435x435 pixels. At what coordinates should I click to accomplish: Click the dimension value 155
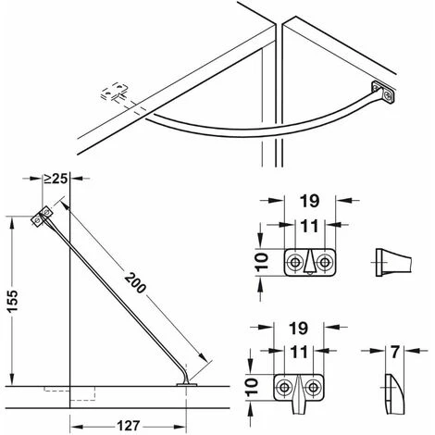click(14, 302)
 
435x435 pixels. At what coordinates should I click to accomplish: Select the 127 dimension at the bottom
click(129, 426)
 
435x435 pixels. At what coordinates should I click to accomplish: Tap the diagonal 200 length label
click(135, 282)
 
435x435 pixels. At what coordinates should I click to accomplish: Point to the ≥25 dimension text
click(56, 179)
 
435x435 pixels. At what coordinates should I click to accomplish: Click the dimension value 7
click(395, 352)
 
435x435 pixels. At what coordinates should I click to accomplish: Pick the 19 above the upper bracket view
click(309, 202)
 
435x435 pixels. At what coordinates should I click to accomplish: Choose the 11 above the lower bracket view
click(299, 353)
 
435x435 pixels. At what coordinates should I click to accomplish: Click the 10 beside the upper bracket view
click(262, 262)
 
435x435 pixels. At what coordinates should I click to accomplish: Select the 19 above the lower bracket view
click(299, 328)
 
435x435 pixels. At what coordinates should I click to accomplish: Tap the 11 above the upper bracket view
click(309, 227)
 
